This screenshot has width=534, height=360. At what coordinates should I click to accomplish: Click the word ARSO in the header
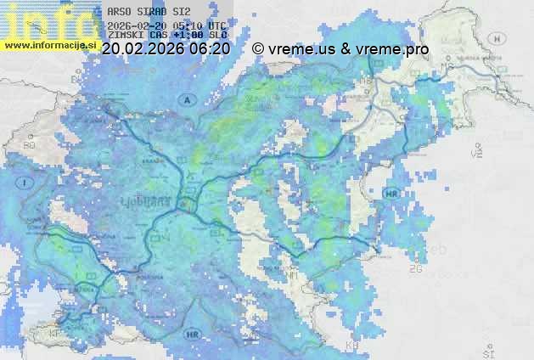[119, 14]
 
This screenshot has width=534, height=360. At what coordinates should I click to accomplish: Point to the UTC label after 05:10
[216, 25]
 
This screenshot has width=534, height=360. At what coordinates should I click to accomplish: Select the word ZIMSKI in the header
[125, 35]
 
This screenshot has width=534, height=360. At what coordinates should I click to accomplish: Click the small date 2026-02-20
[138, 25]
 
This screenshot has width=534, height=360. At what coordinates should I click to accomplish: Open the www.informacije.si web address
[48, 44]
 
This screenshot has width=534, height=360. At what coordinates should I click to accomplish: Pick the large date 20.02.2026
[142, 49]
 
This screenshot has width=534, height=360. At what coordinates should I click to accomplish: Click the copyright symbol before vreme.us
[258, 49]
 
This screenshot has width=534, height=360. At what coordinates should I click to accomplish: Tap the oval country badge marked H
[498, 38]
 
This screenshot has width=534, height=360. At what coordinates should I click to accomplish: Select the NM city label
[291, 277]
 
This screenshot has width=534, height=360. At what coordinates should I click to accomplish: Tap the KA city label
[353, 346]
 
